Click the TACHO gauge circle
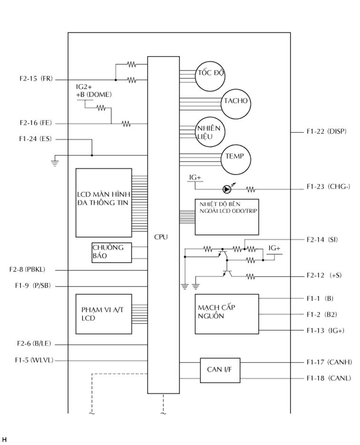(235, 102)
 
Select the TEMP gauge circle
(235, 157)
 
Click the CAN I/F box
(220, 369)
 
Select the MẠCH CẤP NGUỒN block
(227, 314)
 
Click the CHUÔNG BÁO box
(111, 252)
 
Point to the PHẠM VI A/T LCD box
(104, 314)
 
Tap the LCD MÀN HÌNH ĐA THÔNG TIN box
(104, 202)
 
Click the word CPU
(161, 237)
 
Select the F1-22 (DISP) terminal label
(326, 131)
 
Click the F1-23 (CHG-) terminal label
(328, 187)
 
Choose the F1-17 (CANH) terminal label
(329, 362)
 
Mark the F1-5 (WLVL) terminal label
(34, 360)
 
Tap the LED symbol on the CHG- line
(228, 189)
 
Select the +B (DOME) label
(94, 94)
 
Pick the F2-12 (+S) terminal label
(323, 276)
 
